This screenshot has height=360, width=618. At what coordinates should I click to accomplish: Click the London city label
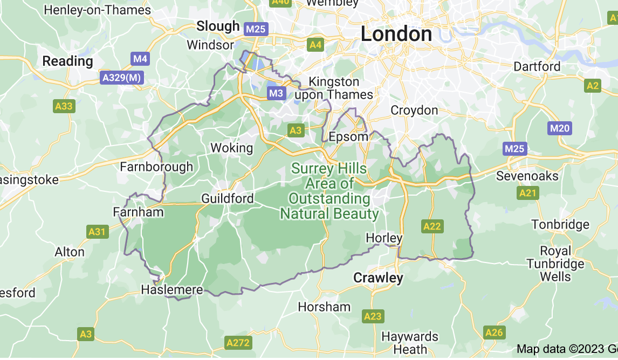coord(396,34)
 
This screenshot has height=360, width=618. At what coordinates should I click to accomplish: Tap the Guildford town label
coord(227,198)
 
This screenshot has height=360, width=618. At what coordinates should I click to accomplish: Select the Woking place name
coord(231,148)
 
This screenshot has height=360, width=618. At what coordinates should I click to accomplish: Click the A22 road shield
coord(432,226)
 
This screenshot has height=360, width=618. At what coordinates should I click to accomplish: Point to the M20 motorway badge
coord(559,128)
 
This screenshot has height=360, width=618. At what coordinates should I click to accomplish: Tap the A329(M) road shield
coord(122,78)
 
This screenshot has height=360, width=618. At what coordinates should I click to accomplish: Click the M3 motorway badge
coord(276,93)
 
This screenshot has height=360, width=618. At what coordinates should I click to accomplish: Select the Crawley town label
coord(378,278)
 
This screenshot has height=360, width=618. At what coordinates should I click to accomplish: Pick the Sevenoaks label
coord(527,176)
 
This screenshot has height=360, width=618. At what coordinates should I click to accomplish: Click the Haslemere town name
coord(172,290)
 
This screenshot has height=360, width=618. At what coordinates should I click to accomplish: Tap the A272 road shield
coord(238,342)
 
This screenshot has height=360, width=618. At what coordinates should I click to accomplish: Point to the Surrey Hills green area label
coord(329,191)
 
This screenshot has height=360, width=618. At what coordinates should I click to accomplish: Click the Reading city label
coord(68,61)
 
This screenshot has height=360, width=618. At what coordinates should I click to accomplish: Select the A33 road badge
coord(64,106)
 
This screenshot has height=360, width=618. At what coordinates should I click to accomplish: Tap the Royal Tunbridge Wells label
coord(555,264)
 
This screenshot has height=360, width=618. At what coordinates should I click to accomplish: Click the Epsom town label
coord(348,136)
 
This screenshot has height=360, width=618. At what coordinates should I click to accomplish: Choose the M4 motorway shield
coord(140,58)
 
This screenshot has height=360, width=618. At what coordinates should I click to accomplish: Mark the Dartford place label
coord(537,66)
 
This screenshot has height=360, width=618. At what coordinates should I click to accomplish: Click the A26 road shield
coord(494,333)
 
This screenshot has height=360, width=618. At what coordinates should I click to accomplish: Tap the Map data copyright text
coord(566,349)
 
